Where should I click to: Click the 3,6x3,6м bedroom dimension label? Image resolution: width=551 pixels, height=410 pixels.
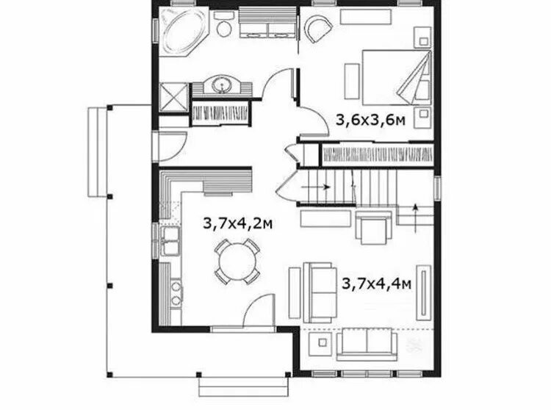[x=371, y=121]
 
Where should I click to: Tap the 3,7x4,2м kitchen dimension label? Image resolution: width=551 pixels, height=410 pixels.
[x=237, y=223]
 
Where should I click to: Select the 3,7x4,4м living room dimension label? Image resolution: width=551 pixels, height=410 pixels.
[x=376, y=283]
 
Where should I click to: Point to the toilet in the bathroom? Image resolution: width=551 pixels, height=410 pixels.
[x=223, y=24]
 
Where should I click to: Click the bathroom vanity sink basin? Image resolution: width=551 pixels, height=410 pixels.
[x=222, y=84]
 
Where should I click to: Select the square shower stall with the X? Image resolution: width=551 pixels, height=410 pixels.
[x=174, y=97]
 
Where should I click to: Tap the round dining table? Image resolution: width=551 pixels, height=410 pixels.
[x=237, y=262]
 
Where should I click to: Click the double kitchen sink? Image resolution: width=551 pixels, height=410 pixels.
[x=170, y=241]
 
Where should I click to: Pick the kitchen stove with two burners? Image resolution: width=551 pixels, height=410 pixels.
[x=176, y=293]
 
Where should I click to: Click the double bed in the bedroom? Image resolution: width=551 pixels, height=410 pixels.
[x=397, y=78]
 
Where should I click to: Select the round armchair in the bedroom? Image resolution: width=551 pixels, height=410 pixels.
[x=318, y=29]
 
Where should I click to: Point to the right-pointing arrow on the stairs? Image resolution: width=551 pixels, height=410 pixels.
[x=316, y=187]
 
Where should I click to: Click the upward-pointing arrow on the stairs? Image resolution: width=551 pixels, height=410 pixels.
[x=415, y=217]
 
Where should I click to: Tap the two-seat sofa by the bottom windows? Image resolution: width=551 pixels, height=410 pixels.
[x=367, y=345]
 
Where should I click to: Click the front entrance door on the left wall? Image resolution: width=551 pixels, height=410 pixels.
[x=170, y=145]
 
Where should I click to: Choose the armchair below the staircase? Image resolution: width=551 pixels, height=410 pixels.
[x=373, y=227]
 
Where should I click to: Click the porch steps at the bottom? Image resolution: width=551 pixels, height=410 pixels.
[x=243, y=386]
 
